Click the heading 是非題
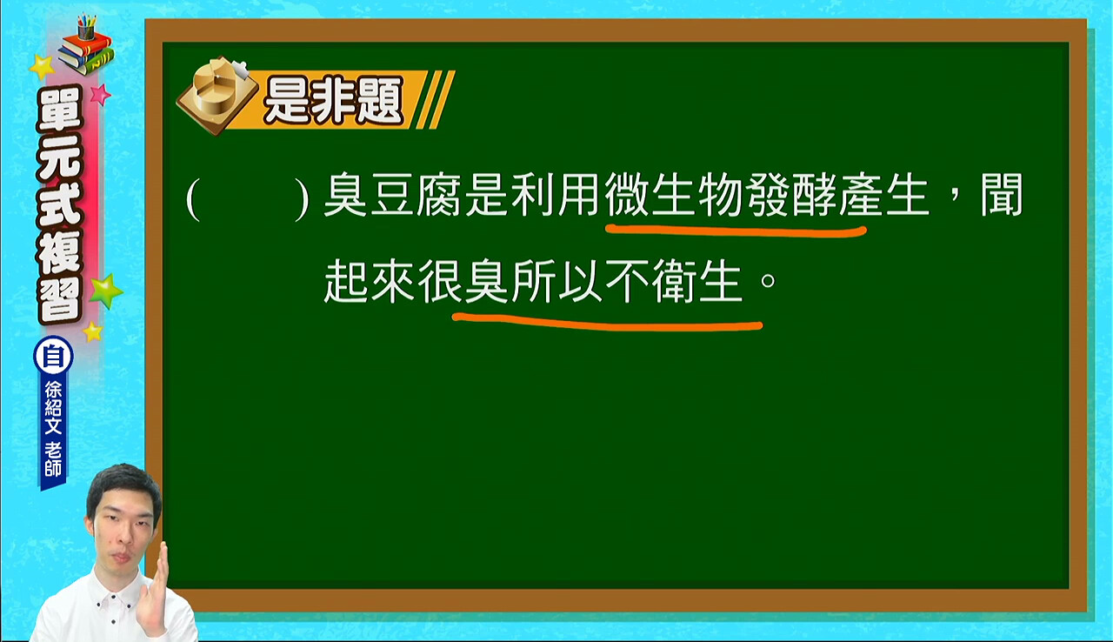[x=333, y=101]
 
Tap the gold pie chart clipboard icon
[x=217, y=96]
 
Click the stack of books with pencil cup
[x=86, y=46]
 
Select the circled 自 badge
[x=53, y=356]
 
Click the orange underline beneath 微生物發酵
[x=736, y=231]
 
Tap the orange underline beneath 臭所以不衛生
[x=607, y=322]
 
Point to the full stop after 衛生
[x=768, y=281]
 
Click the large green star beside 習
[x=106, y=291]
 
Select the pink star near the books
[x=100, y=94]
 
